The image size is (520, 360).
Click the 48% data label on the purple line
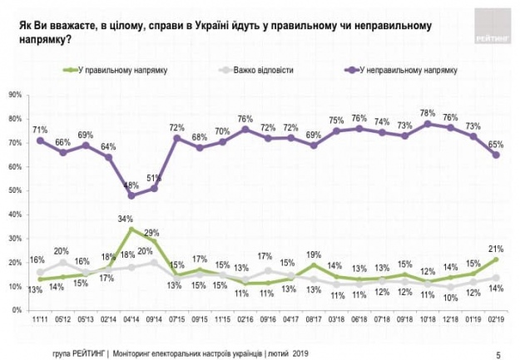(x=131, y=185)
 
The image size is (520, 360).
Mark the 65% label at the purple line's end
(x=497, y=144)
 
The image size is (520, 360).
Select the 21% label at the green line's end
(x=497, y=249)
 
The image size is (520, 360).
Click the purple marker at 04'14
(x=131, y=195)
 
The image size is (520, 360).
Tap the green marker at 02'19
(x=496, y=259)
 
